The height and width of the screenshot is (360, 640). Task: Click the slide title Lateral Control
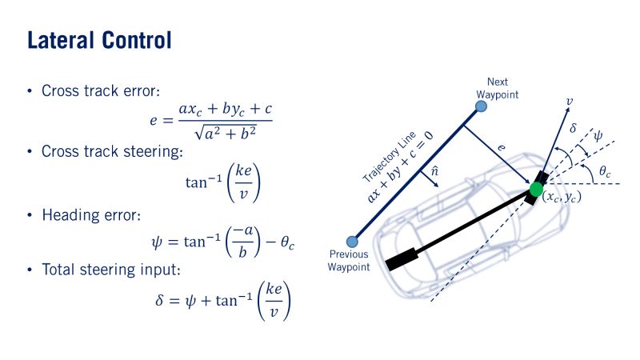coord(99,39)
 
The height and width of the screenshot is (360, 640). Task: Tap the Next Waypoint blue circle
coord(480,106)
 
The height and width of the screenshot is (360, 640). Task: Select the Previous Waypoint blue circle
coord(350,242)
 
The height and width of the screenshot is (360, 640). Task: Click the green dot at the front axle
coord(536,190)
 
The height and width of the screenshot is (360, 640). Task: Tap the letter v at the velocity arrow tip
coord(569,102)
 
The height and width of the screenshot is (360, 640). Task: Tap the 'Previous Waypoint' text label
coord(349,262)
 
